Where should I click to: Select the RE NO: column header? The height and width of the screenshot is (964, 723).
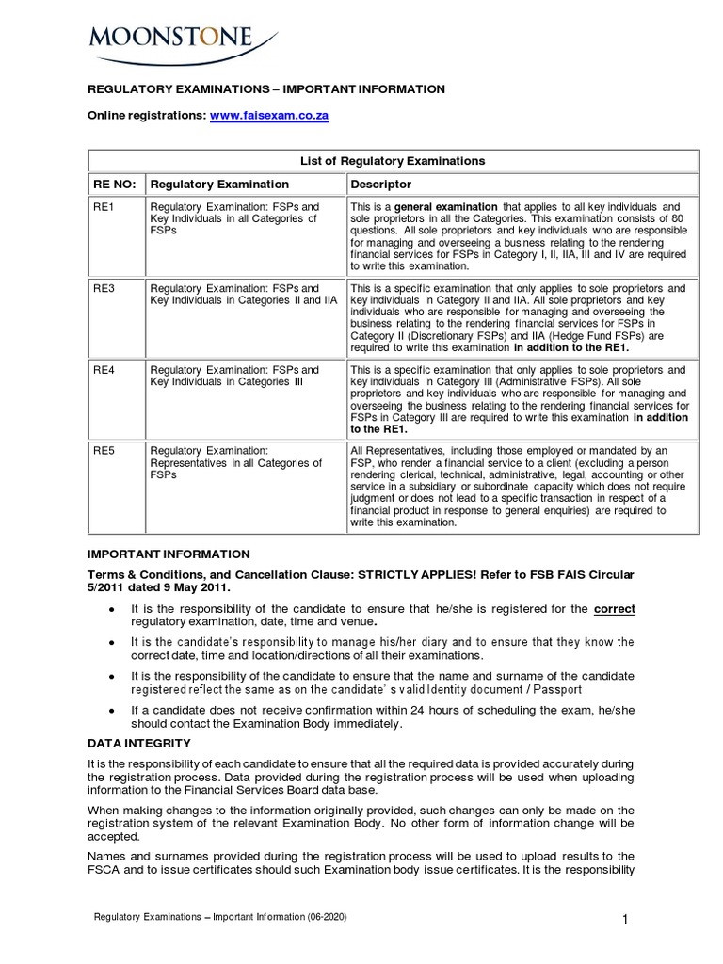(x=114, y=184)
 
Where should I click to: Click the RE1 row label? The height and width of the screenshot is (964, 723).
(x=102, y=206)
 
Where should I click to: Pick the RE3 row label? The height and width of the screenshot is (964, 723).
(x=102, y=288)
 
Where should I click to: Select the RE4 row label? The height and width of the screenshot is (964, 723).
(x=102, y=370)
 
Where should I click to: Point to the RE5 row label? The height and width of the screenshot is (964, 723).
(x=102, y=451)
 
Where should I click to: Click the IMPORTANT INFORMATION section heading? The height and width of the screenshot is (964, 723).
(x=169, y=554)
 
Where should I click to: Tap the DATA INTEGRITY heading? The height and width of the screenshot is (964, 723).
(x=139, y=744)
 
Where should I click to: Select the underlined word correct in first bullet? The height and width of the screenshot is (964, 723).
(x=615, y=609)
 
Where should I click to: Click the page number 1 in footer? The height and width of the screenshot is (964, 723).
(x=624, y=921)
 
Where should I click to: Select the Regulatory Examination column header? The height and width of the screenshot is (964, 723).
(x=219, y=184)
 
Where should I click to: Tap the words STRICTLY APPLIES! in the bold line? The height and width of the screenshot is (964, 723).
(x=407, y=573)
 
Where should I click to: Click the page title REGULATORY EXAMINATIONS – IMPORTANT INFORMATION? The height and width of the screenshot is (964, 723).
(x=266, y=89)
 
